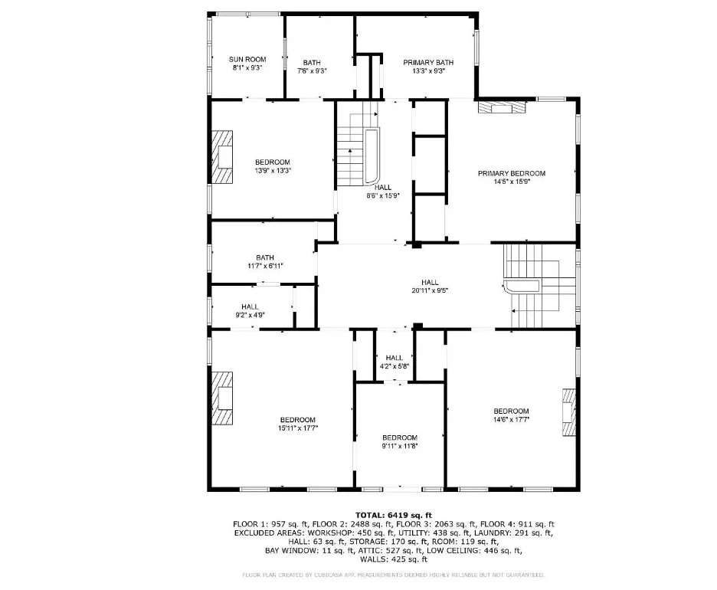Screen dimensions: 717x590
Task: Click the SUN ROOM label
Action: click(247, 60)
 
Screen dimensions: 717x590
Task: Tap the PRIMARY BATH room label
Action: click(428, 63)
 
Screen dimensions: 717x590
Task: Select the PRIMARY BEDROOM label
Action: click(512, 173)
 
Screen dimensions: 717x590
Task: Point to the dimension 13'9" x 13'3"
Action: click(273, 171)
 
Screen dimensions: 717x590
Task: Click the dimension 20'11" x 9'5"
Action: click(430, 290)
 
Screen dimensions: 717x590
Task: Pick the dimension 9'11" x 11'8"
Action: click(400, 446)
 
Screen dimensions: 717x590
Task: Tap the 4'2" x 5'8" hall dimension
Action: click(395, 366)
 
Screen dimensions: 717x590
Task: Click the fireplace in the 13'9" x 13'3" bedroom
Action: click(222, 157)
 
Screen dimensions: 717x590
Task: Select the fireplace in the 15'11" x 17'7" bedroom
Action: click(222, 398)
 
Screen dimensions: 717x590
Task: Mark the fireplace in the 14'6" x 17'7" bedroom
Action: click(569, 412)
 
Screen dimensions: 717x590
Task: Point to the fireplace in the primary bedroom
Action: click(502, 107)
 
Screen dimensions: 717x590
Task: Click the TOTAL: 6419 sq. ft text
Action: click(394, 516)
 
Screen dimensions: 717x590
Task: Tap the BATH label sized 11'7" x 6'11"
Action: click(265, 258)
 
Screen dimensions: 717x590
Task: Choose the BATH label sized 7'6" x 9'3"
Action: click(312, 63)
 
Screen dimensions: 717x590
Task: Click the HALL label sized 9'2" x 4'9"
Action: click(250, 307)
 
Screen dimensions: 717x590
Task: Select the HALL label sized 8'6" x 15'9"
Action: click(383, 188)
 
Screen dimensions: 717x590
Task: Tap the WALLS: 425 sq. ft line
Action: click(394, 559)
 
